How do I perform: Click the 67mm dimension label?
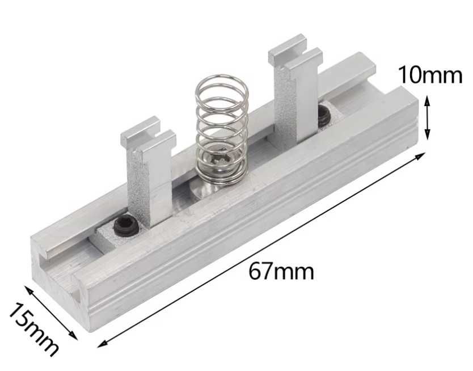pos(281,272)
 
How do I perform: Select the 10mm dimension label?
pos(430,75)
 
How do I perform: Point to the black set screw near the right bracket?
pos(324,116)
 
